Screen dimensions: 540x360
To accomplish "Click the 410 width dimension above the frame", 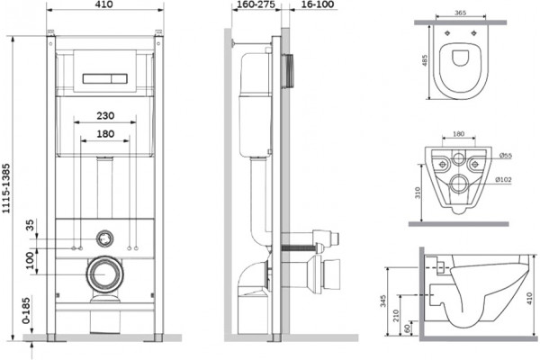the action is tap(104, 4).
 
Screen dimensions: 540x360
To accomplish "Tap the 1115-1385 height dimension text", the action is tap(6, 188).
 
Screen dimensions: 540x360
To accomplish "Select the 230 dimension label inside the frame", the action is tap(105, 116).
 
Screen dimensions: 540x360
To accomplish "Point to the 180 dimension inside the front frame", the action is tap(105, 134).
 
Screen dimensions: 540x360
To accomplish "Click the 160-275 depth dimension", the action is tap(256, 4).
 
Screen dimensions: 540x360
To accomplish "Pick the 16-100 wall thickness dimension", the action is tap(317, 4).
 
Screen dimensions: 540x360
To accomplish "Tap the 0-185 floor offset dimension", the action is tap(26, 310).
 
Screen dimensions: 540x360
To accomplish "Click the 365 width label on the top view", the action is tap(460, 13).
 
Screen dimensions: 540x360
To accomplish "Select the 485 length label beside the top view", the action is tap(425, 60).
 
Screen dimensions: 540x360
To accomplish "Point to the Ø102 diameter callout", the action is tap(503, 179).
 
